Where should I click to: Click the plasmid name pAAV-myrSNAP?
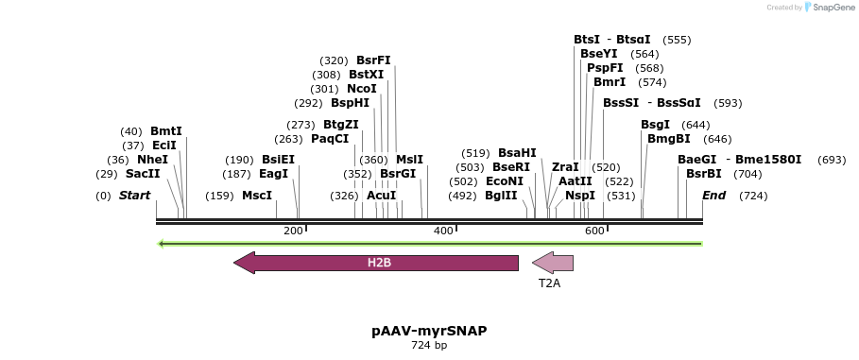(429, 331)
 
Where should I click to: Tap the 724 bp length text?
(429, 346)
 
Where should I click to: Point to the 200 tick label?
(292, 231)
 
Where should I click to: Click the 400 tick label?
(442, 231)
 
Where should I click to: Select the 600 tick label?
(593, 231)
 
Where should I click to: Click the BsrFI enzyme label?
(373, 60)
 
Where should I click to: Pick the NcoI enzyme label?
(362, 89)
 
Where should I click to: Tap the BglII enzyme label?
(501, 196)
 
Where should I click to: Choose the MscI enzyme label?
(257, 196)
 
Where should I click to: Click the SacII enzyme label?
(142, 174)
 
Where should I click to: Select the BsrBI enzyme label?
(703, 174)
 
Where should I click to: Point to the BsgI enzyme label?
(655, 125)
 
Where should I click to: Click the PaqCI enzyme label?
(330, 139)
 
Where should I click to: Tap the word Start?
(134, 196)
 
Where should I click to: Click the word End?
(713, 196)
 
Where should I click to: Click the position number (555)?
(677, 40)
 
